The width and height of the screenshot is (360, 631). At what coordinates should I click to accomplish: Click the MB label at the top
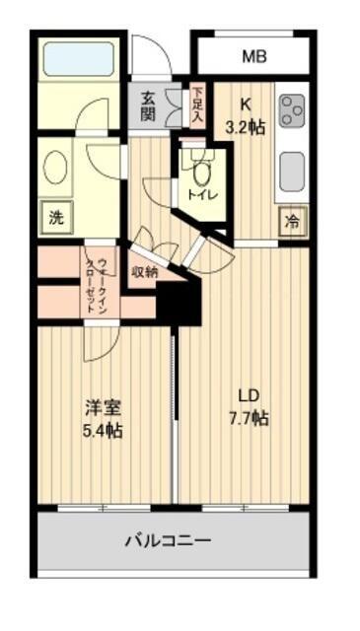[x=254, y=56]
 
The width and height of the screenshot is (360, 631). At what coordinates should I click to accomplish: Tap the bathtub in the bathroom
[x=78, y=60]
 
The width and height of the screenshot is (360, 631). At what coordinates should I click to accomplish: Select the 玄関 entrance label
[x=148, y=105]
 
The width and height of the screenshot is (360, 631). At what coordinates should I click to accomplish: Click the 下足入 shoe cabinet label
[x=197, y=105]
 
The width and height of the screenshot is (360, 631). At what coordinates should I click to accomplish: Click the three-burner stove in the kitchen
[x=293, y=112]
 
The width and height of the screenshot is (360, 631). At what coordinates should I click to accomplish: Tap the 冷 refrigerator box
[x=292, y=221]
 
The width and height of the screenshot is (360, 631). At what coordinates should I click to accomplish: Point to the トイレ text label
[x=202, y=195]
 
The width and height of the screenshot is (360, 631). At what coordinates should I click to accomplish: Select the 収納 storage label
[x=144, y=272]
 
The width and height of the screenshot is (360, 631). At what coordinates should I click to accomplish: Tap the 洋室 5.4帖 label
[x=102, y=416]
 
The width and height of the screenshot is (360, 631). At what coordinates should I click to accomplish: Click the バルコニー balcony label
[x=167, y=540]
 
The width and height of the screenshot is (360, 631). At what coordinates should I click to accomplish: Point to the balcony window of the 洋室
[x=104, y=508]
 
